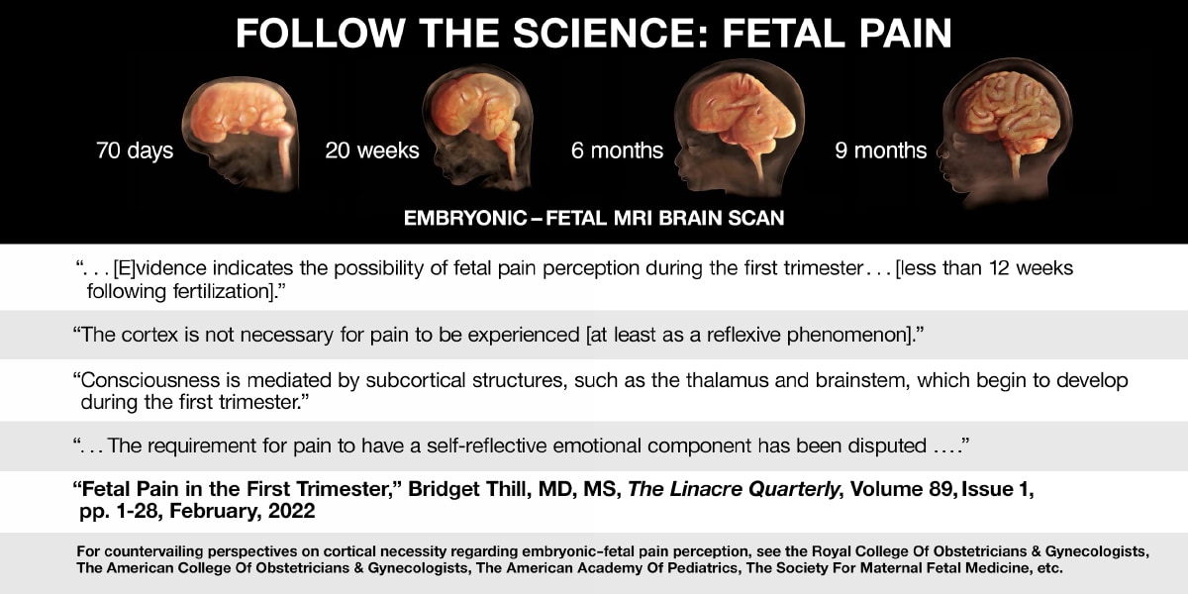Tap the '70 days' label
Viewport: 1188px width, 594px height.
(x=135, y=150)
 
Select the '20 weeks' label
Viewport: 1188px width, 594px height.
(x=372, y=150)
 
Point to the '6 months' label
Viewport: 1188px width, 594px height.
(x=617, y=150)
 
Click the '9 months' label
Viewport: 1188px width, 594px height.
(x=881, y=150)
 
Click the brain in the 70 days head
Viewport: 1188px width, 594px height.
(x=239, y=114)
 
